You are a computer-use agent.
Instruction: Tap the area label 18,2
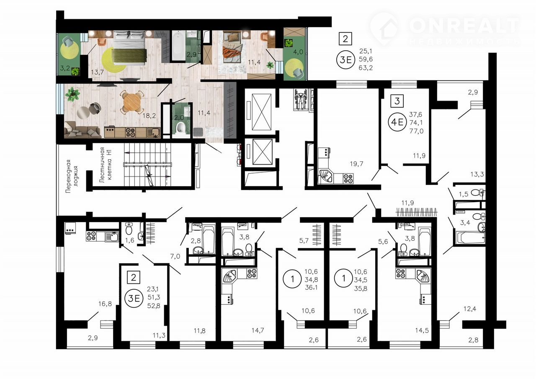[149, 116]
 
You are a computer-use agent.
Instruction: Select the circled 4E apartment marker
[397, 122]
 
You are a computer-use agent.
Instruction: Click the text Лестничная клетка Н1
[106, 165]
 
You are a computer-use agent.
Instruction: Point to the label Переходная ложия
[72, 176]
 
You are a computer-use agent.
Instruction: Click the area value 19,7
[356, 164]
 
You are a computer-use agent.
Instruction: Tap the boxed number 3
[397, 101]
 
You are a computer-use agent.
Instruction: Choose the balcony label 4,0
[298, 52]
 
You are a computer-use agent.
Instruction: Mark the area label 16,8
[105, 304]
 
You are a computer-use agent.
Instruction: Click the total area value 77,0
[416, 131]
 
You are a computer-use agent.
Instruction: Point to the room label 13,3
[477, 174]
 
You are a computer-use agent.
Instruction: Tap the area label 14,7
[258, 330]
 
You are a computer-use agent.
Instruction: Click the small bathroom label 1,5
[464, 194]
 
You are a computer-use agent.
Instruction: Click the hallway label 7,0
[175, 257]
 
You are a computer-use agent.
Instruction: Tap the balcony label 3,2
[65, 68]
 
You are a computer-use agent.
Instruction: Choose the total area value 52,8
[154, 306]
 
